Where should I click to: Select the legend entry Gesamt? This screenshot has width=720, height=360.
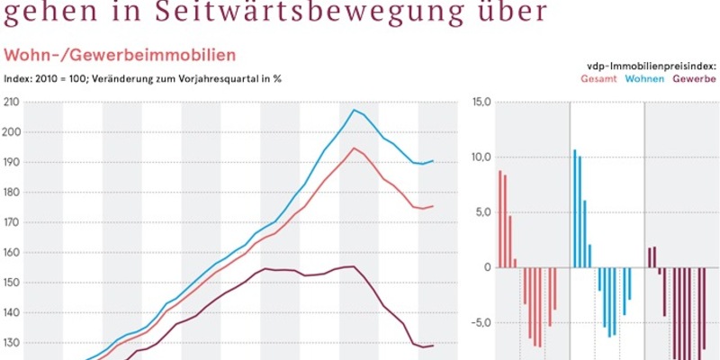pyautogui.click(x=598, y=79)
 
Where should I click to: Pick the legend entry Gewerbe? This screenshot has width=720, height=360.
pyautogui.click(x=695, y=79)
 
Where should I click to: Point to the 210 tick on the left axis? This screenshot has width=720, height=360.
pyautogui.click(x=13, y=103)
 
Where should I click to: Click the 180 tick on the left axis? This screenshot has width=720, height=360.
pyautogui.click(x=13, y=193)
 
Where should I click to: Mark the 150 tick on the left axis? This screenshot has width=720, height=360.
pyautogui.click(x=13, y=283)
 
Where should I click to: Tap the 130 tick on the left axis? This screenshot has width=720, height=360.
pyautogui.click(x=13, y=343)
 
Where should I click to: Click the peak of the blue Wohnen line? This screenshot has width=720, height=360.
pyautogui.click(x=354, y=110)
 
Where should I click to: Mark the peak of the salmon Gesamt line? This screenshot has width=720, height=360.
pyautogui.click(x=354, y=148)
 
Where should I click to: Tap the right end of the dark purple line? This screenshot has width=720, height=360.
pyautogui.click(x=433, y=346)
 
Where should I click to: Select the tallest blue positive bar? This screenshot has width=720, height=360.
pyautogui.click(x=574, y=208)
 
